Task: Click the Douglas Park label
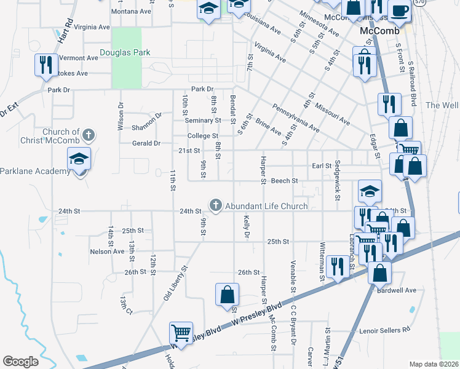tap(125, 53)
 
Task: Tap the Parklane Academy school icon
tap(79, 160)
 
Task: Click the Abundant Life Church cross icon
tap(215, 205)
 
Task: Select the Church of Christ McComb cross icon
tap(89, 134)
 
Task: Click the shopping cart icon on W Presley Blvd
tap(181, 333)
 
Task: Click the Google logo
tap(21, 362)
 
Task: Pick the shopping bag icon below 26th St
tap(227, 294)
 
